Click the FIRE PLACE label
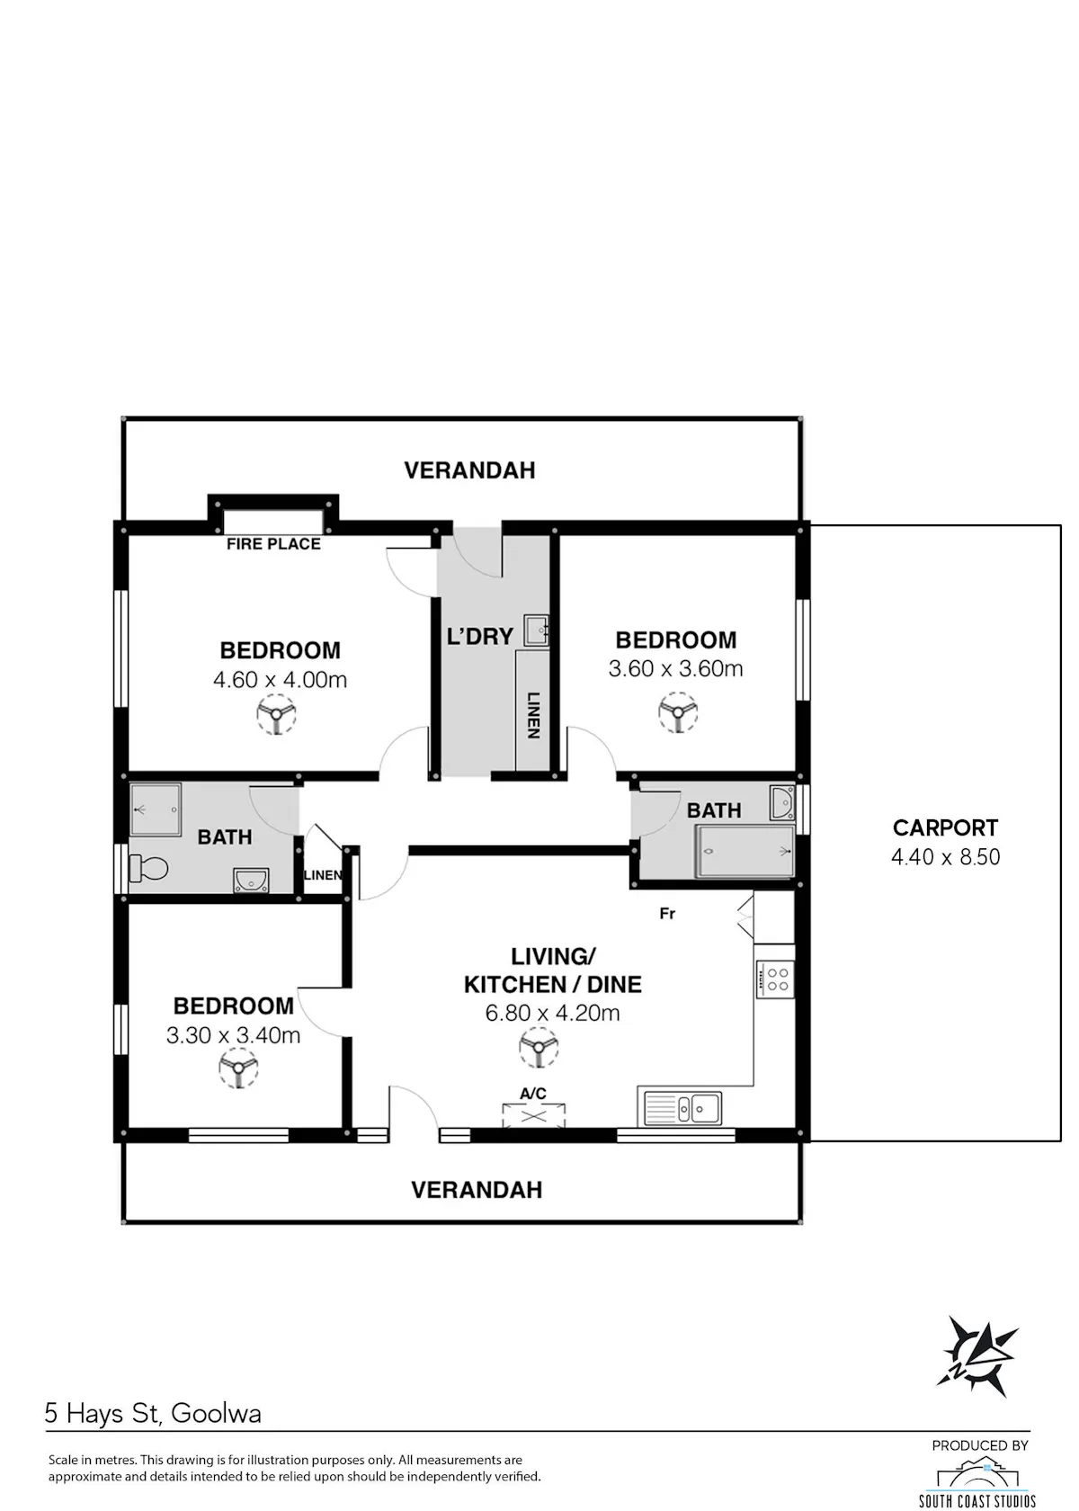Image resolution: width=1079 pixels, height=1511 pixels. [x=273, y=543]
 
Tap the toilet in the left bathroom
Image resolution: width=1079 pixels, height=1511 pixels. [x=148, y=868]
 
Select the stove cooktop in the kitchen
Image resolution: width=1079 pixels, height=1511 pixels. [x=774, y=979]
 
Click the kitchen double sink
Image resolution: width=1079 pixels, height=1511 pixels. [x=682, y=1108]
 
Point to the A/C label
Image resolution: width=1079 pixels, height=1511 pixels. [x=532, y=1093]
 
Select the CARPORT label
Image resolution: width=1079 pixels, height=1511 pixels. [x=945, y=827]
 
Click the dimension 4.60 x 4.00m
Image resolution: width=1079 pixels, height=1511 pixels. [x=280, y=679]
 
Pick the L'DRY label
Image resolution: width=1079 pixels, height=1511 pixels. [x=479, y=636]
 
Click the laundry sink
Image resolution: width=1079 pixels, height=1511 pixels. [x=536, y=631]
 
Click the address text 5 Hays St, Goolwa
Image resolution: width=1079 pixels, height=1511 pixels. [x=153, y=1413]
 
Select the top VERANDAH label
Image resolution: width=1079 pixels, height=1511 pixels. [x=469, y=470]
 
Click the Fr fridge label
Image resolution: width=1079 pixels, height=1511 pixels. [x=667, y=914]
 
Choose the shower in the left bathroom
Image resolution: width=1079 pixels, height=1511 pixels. [x=155, y=809]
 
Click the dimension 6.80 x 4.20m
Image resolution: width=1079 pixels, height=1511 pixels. [x=552, y=1013]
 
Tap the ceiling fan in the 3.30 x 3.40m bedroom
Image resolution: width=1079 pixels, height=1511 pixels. [x=238, y=1068]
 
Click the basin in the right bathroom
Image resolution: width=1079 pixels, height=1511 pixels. [x=782, y=802]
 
